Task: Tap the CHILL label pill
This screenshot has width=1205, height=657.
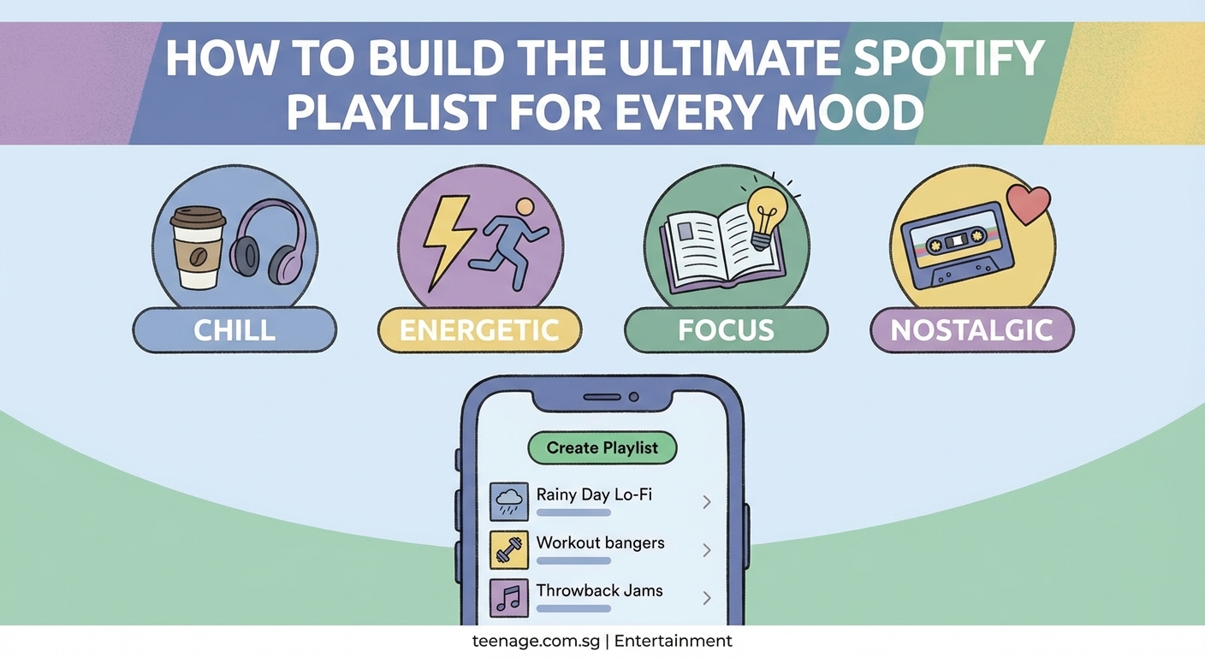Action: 234,330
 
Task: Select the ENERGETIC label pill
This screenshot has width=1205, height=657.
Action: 479,330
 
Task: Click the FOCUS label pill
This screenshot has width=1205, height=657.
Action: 726,330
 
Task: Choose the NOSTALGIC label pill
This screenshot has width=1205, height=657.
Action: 971,330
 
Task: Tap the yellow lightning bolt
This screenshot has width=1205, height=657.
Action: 444,240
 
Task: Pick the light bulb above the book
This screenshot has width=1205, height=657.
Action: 766,213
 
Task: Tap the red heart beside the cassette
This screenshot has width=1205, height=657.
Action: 1028,204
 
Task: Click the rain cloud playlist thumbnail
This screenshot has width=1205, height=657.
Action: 508,501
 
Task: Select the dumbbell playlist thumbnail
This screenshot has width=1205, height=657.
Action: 508,549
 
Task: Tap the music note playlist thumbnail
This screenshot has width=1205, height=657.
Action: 508,597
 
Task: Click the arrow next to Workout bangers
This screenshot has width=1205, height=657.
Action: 707,550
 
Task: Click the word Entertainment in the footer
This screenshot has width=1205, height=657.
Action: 673,641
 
